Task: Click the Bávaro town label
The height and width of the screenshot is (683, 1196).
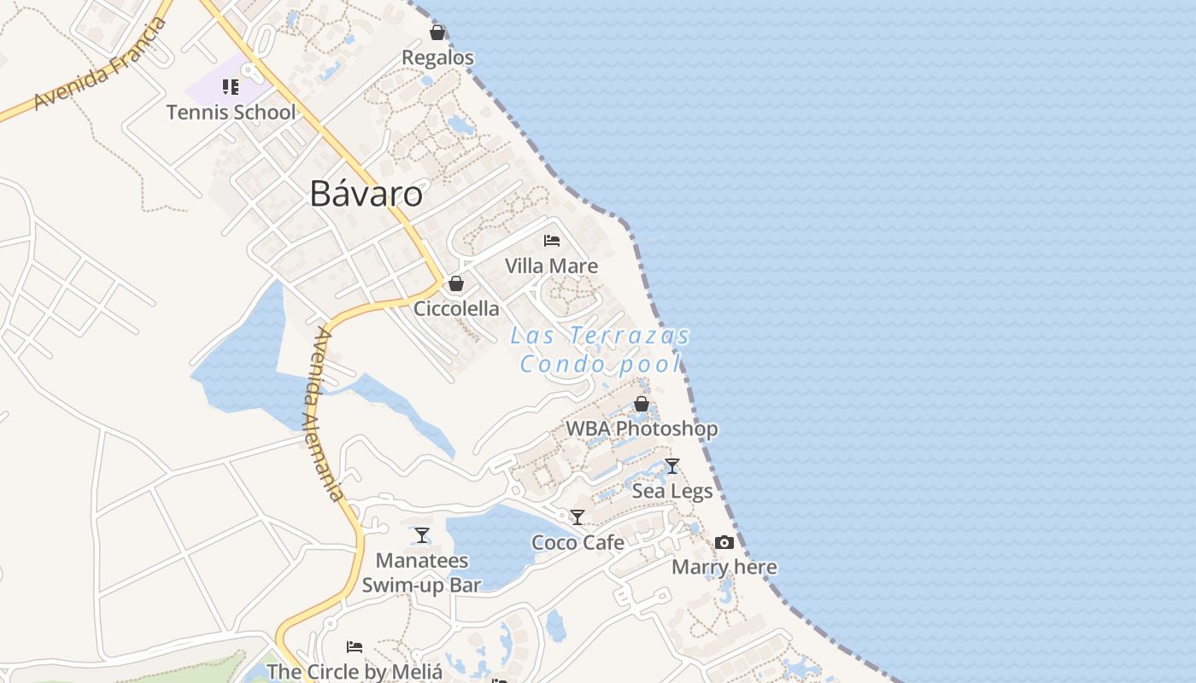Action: tap(366, 195)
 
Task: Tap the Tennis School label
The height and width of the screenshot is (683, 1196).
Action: tap(231, 112)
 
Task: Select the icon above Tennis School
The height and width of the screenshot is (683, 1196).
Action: tap(230, 87)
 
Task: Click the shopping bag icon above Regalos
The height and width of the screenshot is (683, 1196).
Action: tap(437, 32)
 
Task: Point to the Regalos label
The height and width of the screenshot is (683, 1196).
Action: tap(437, 58)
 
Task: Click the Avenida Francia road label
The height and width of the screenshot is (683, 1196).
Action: tap(101, 64)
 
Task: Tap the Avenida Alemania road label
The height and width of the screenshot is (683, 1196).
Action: tap(325, 415)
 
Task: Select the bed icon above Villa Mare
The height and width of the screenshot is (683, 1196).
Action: tap(552, 241)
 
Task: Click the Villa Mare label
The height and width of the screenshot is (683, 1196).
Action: tap(551, 266)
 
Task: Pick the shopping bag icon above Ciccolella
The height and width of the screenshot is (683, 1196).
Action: tap(456, 283)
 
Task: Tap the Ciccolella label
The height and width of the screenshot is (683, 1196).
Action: tap(456, 308)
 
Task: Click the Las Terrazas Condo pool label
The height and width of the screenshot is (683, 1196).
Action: tap(601, 350)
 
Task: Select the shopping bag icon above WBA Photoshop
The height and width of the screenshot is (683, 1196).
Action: tap(642, 404)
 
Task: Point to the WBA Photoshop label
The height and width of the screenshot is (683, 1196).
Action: tap(642, 429)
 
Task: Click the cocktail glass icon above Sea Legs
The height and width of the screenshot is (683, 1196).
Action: tap(672, 466)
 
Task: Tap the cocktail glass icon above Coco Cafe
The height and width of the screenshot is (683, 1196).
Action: tap(577, 517)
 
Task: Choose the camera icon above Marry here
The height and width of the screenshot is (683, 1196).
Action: tap(724, 543)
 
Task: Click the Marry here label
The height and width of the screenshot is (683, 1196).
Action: tap(724, 567)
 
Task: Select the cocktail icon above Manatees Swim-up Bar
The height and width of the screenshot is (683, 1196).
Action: tap(422, 535)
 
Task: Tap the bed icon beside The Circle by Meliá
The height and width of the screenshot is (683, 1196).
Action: tap(355, 647)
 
